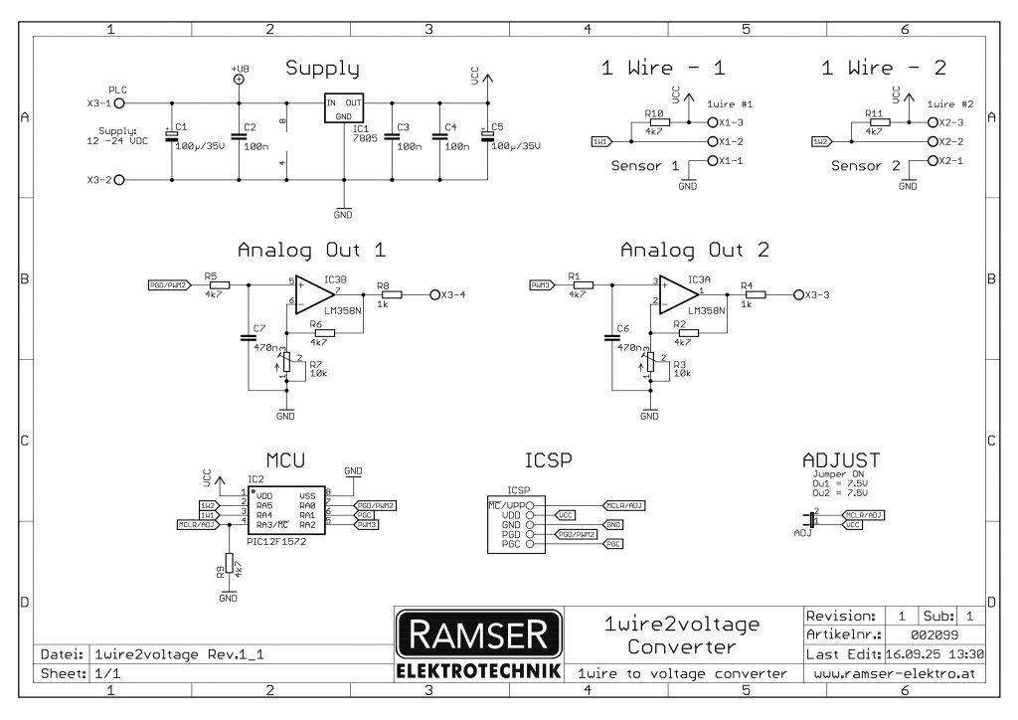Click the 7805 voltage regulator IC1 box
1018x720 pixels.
click(344, 108)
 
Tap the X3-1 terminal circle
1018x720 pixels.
click(119, 102)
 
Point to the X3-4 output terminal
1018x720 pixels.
click(434, 295)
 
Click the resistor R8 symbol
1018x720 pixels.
click(391, 295)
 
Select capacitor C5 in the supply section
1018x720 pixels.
click(486, 138)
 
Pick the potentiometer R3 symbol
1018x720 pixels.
click(650, 364)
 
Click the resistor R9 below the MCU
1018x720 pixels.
click(229, 564)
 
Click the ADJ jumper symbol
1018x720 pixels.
click(812, 519)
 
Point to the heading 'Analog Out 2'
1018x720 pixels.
click(694, 250)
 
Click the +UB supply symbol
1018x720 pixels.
click(239, 78)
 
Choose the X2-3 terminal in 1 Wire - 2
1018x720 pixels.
click(931, 122)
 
